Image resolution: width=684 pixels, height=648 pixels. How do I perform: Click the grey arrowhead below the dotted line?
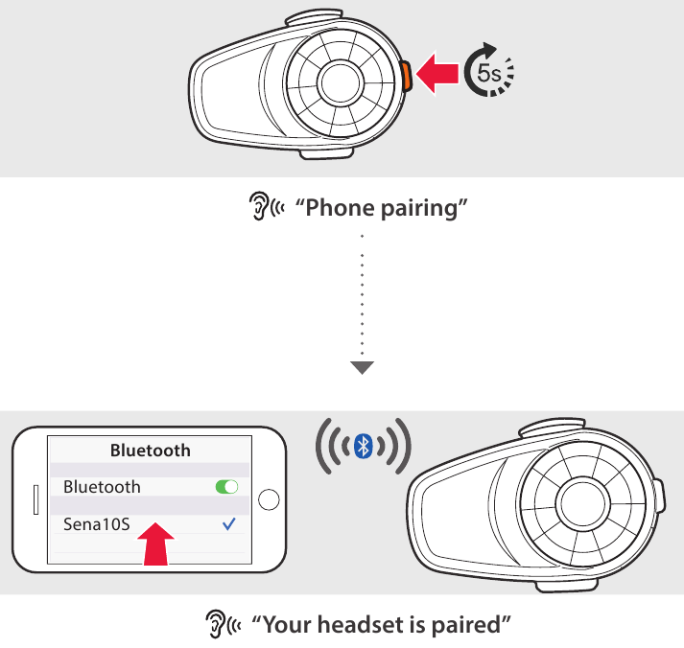[x=362, y=366]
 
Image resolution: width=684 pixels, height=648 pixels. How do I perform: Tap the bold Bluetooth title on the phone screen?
[x=150, y=450]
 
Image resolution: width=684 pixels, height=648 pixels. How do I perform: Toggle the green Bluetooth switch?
[x=227, y=487]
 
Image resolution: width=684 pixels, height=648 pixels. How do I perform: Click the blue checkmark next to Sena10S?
[x=227, y=524]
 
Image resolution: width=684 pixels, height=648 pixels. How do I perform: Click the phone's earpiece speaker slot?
[x=35, y=499]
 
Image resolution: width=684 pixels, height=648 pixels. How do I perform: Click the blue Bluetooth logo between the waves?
[x=364, y=446]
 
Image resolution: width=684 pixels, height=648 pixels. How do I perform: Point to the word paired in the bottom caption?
[x=467, y=625]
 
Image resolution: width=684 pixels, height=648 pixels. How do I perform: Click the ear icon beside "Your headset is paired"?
[x=213, y=625]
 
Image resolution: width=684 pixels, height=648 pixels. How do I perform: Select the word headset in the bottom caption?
[x=365, y=625]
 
